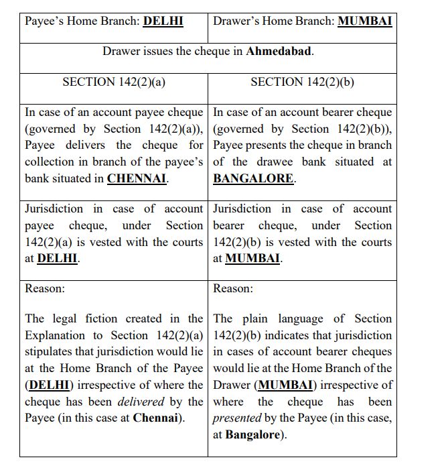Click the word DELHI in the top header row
point(163,21)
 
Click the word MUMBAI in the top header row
point(364,21)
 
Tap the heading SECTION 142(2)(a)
point(113,82)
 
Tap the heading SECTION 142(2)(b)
point(302,82)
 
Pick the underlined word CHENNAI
point(137,179)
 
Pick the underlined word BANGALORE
point(253,179)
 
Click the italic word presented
point(238,418)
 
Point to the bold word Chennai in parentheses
point(158,418)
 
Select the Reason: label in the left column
point(45,288)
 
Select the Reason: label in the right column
point(233,288)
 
